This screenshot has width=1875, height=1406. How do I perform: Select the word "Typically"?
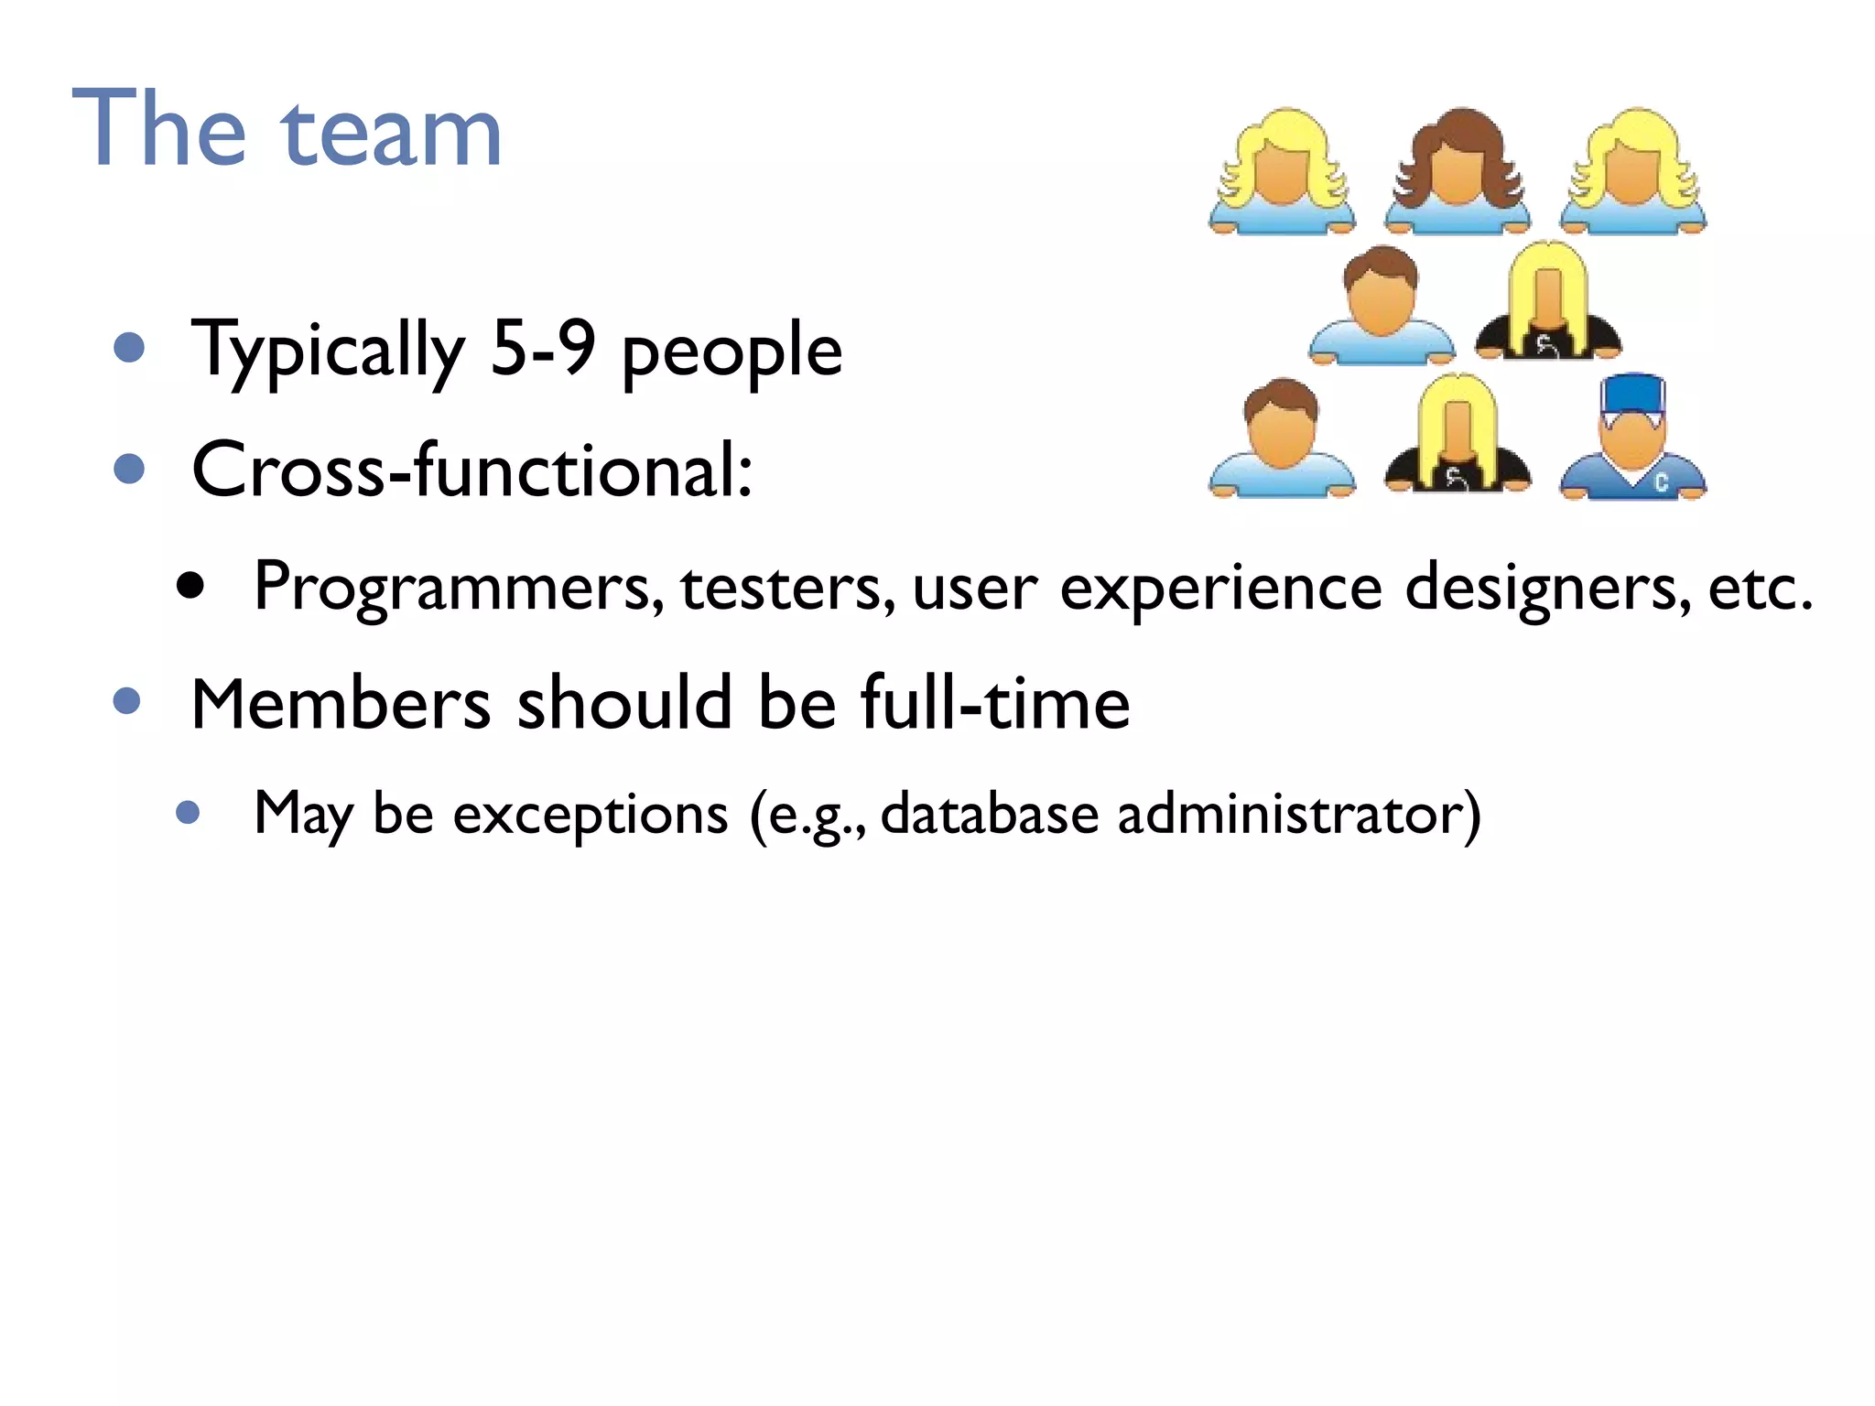(328, 351)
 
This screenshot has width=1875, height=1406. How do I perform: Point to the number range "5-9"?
(543, 348)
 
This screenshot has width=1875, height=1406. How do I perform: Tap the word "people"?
(732, 352)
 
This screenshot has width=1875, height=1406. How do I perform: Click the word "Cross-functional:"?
(472, 470)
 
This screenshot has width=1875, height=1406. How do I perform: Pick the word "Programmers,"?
(459, 587)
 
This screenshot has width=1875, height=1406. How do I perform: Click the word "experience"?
(1220, 589)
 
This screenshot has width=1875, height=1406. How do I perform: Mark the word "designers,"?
(1547, 589)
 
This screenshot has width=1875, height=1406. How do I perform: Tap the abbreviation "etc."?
(1760, 587)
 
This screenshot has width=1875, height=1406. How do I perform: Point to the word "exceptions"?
(591, 814)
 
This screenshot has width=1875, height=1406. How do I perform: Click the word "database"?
(989, 812)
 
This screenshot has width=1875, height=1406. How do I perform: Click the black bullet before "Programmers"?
(190, 586)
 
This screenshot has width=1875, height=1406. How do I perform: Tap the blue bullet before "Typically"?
(130, 348)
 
